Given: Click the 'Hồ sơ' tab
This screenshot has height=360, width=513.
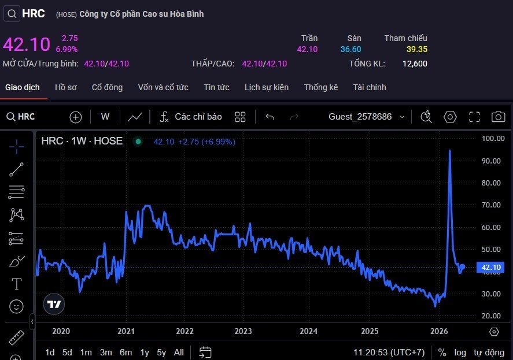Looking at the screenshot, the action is point(66,87).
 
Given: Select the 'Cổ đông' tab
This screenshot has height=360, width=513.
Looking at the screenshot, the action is point(108,87).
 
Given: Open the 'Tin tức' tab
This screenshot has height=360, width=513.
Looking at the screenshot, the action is point(216,87).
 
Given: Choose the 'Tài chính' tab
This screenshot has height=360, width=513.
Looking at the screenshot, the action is point(370,87).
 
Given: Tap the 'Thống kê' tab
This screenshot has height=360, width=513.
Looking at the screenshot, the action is point(320,87).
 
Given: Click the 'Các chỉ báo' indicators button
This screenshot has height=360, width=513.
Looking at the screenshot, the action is point(190,117).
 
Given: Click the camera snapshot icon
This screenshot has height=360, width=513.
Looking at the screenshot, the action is point(498,117).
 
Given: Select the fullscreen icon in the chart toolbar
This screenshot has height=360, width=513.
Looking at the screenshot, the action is point(474,117).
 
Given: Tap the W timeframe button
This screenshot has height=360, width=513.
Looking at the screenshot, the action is point(105,117).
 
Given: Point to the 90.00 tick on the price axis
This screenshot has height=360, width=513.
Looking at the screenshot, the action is point(491,161).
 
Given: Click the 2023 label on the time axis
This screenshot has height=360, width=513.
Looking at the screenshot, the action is point(243,331).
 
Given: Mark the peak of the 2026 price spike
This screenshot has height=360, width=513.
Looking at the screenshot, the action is point(450,150).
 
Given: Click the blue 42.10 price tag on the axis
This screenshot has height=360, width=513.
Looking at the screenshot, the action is point(491,268).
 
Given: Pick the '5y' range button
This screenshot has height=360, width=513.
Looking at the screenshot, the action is point(161,352).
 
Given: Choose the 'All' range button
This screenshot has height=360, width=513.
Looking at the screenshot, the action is point(179,352).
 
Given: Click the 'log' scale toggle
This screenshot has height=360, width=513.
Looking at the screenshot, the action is point(460,353).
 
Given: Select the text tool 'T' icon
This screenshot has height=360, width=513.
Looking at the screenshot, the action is point(16,284).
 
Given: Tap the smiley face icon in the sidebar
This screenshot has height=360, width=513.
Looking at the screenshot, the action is point(16,306).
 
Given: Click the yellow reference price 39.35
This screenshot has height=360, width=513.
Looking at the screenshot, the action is point(417,49).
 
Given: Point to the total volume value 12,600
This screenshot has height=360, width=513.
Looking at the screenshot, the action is point(415,64).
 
